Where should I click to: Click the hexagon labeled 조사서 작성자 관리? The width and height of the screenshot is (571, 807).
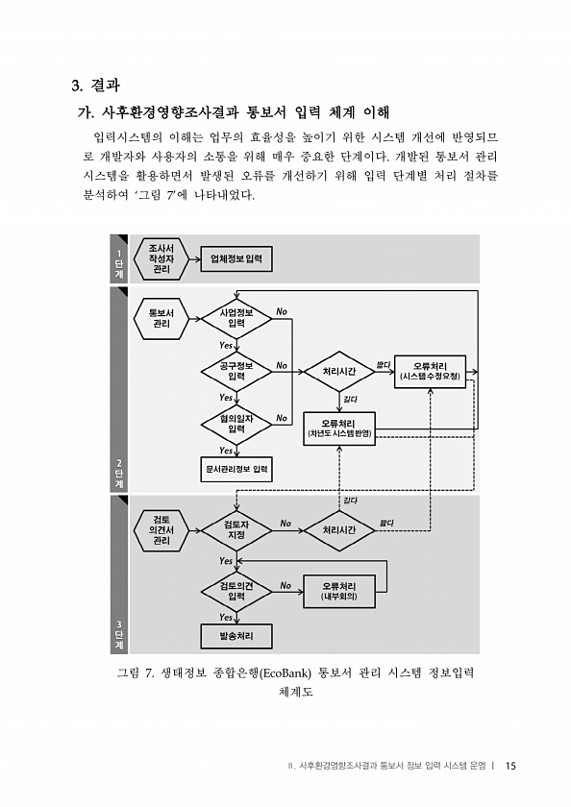pos(161,258)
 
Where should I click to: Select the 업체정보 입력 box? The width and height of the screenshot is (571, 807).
pos(236,258)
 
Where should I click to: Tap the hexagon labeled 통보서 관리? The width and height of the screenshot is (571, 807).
pos(161,319)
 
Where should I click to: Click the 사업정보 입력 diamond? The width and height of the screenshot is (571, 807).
pos(236,319)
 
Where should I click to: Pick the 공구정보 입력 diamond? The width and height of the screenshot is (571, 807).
pos(236,371)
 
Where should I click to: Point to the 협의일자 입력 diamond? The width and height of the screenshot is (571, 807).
pos(236,424)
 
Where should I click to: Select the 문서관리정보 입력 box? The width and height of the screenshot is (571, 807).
pos(236,470)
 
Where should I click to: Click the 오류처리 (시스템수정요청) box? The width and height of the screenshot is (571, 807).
pos(430,372)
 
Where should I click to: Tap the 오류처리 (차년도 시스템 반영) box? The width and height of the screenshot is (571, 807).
pos(339,428)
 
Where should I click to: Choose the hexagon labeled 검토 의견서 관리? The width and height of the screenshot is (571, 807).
pos(161,530)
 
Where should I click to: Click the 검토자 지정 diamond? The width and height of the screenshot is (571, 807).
pos(236,530)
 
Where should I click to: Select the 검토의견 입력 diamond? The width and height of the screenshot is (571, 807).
pos(236,592)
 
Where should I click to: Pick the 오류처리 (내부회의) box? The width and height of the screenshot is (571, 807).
pos(339,592)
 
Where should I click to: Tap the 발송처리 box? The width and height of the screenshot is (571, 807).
pos(236,636)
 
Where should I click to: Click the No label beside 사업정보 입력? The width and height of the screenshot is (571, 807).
pos(282,311)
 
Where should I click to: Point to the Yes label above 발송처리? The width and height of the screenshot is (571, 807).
pos(226,617)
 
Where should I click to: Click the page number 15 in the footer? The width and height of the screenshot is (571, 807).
pos(509,766)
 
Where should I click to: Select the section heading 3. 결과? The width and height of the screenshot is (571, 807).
pos(96,85)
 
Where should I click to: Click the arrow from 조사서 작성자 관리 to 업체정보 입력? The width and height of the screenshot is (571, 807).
pos(194,258)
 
